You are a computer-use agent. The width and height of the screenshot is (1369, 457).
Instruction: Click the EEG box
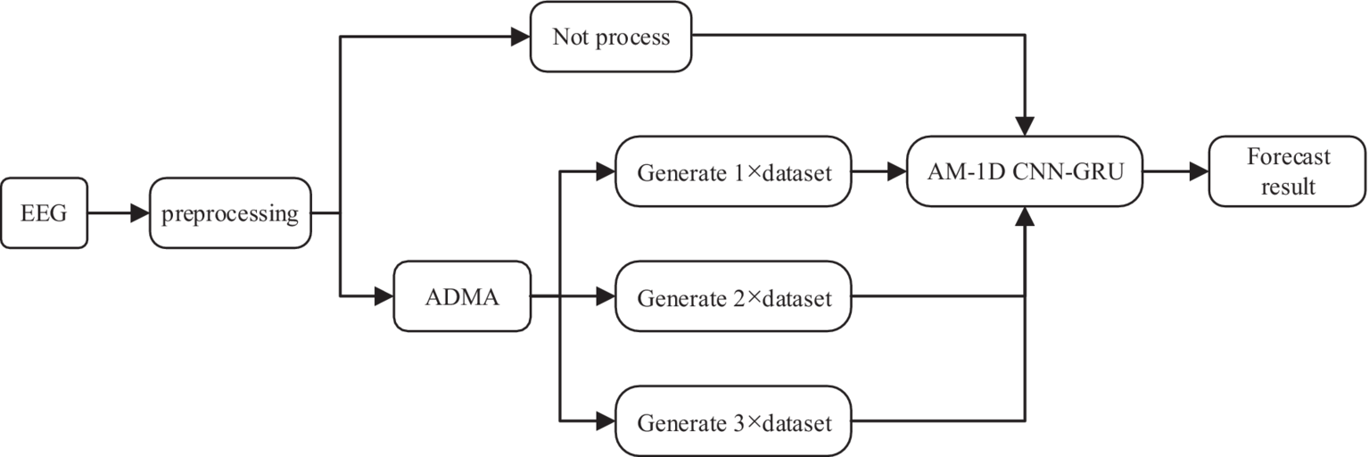coord(45,213)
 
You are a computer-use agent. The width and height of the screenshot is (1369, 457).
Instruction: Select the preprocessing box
coord(230,213)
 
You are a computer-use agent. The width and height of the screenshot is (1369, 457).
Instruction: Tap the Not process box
coord(611,37)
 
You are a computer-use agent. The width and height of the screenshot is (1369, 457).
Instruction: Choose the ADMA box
coord(462,295)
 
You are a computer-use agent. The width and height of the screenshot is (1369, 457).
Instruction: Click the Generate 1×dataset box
coord(734,172)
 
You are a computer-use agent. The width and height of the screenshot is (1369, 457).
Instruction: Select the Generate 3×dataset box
coord(734,420)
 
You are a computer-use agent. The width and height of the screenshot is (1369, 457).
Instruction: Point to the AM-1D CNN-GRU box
coord(1025,171)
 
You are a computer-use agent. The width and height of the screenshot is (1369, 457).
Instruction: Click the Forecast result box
coord(1288,170)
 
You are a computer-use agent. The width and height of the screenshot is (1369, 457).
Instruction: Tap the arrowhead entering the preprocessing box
coord(139,213)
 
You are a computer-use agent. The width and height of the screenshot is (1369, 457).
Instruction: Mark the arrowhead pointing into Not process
coord(520,37)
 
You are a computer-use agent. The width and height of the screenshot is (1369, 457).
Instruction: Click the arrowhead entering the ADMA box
coord(384,295)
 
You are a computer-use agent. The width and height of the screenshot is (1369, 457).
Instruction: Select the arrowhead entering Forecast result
coord(1199,171)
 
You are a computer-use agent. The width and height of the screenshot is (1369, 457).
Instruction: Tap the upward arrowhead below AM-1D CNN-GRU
coord(1026,217)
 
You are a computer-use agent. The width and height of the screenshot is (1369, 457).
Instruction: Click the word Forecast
coord(1289,157)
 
